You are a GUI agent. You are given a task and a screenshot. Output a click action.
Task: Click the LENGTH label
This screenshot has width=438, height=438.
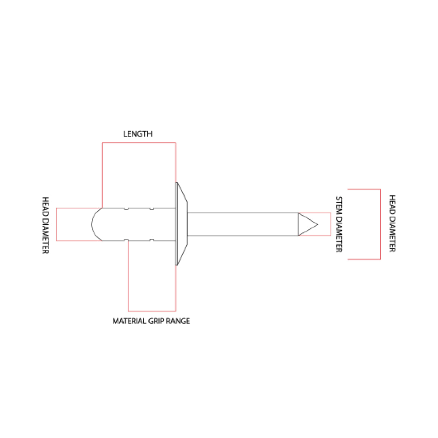[x=138, y=134]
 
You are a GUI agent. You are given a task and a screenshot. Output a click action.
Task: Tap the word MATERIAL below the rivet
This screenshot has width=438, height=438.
[x=129, y=321]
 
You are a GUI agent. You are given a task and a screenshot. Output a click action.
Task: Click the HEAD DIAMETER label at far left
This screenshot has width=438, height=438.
[x=45, y=225]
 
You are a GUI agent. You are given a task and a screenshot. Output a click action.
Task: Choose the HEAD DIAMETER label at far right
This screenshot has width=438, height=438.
[x=392, y=223]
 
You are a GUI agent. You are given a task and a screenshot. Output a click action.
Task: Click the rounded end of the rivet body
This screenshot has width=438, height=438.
[x=93, y=224]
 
